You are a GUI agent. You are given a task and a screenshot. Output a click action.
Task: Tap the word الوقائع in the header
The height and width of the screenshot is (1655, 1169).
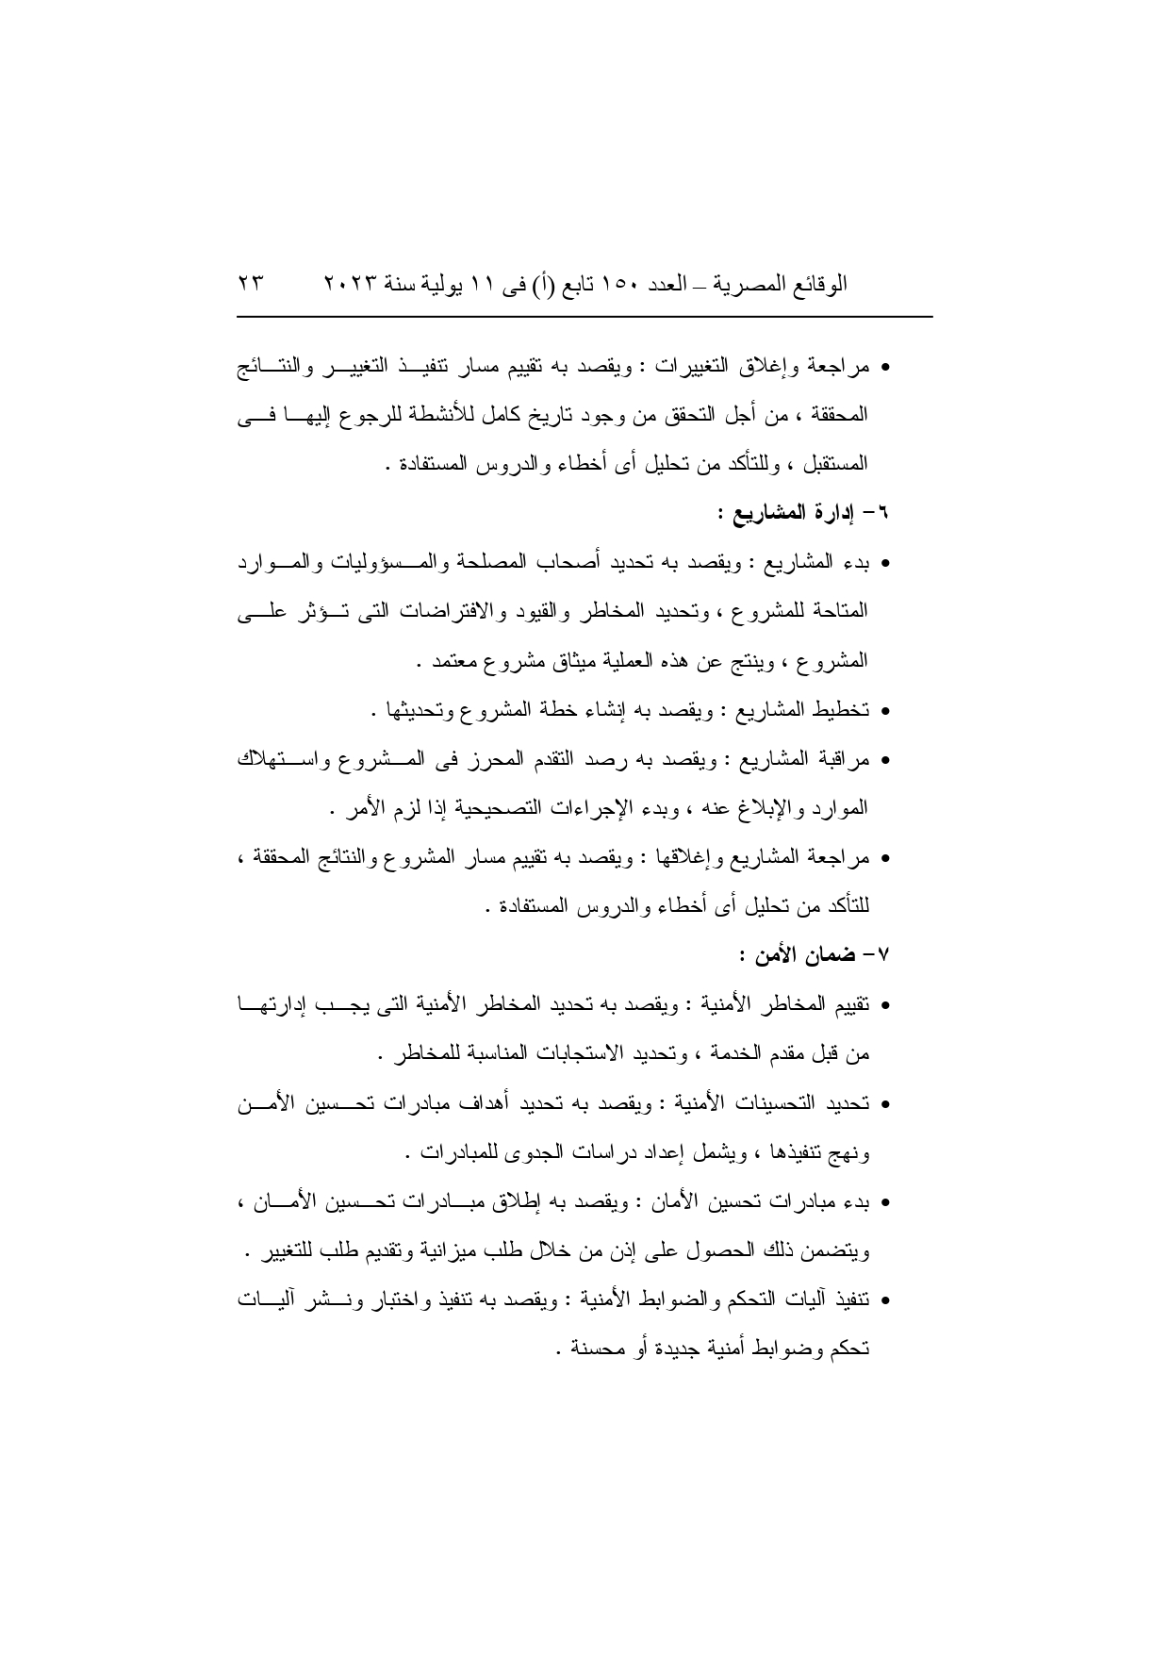coord(821,283)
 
